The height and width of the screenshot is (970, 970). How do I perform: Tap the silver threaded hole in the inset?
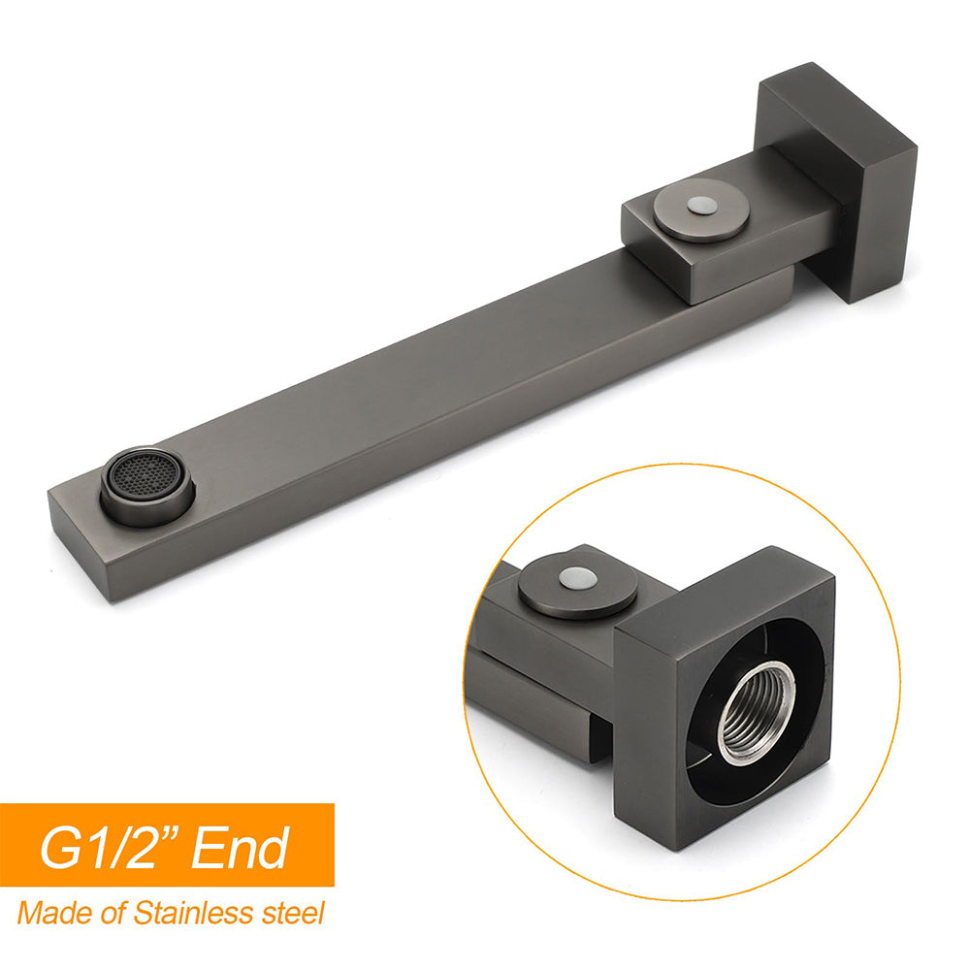coord(757,711)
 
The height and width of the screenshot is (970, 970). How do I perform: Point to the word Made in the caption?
coord(48,913)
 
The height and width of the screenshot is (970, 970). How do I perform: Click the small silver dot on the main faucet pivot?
coord(701,206)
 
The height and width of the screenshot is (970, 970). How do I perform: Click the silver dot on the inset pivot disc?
coord(578,578)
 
